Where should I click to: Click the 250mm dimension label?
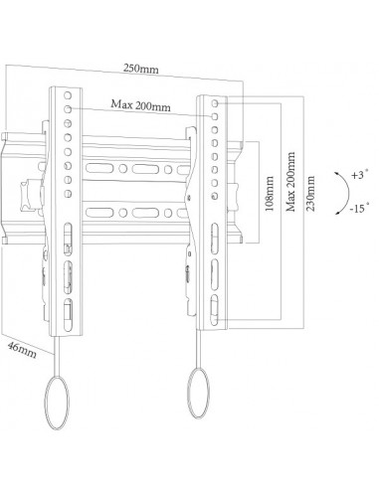[141, 69]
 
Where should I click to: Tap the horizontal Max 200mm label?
[140, 105]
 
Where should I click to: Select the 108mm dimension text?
[270, 194]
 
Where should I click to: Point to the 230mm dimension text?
[310, 194]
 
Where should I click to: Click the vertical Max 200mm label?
[290, 182]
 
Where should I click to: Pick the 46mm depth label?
[22, 350]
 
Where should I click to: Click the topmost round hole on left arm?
[68, 95]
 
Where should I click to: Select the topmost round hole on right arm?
[215, 103]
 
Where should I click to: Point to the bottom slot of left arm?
[68, 315]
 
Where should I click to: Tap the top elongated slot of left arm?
[68, 240]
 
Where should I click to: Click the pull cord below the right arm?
[199, 349]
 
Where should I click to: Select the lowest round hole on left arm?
[68, 194]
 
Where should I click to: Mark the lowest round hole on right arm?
[215, 196]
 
